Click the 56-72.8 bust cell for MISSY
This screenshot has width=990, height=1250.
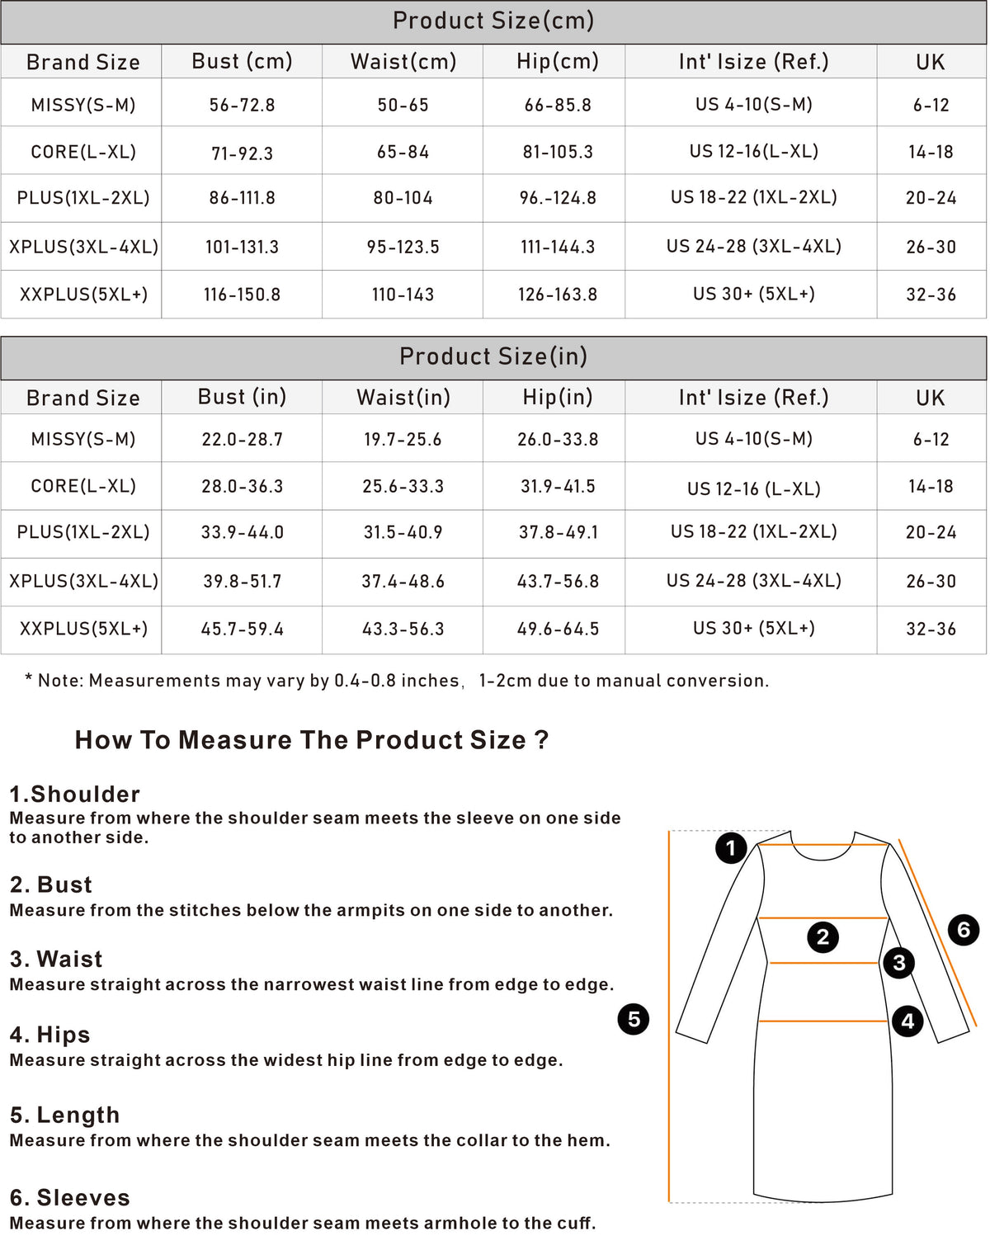(242, 105)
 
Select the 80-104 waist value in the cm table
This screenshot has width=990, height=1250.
(403, 198)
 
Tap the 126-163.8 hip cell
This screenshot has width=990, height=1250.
(557, 295)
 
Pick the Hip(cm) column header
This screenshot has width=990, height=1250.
(557, 62)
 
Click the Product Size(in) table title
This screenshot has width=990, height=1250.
(493, 356)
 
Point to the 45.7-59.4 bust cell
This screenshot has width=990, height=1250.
(242, 629)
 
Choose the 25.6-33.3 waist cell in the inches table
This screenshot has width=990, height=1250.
(403, 486)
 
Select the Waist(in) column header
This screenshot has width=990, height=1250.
(403, 398)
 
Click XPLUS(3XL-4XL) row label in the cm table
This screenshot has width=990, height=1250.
(83, 247)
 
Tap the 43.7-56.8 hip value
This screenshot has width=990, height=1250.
(558, 582)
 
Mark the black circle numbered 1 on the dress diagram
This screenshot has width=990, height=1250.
(731, 848)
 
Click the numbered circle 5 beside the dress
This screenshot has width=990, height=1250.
(634, 1020)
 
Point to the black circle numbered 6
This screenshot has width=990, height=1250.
(964, 930)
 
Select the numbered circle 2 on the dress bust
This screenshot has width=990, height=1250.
(823, 937)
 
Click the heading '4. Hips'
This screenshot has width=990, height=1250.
(50, 1035)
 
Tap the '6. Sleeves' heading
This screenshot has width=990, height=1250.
(70, 1198)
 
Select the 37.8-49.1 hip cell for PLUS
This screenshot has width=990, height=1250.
(558, 533)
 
